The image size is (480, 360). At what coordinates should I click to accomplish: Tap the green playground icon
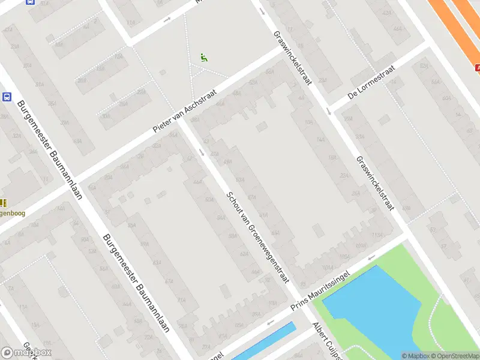[x=204, y=58]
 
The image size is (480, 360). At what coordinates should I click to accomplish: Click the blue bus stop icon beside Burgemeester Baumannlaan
[x=7, y=97]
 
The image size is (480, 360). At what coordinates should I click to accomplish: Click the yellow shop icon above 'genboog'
[x=2, y=203]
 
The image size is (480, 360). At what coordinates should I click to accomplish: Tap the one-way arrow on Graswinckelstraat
[x=329, y=111]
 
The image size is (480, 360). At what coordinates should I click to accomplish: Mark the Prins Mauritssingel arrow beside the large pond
[x=372, y=259]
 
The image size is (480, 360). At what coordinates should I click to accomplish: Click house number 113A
[x=377, y=235]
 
